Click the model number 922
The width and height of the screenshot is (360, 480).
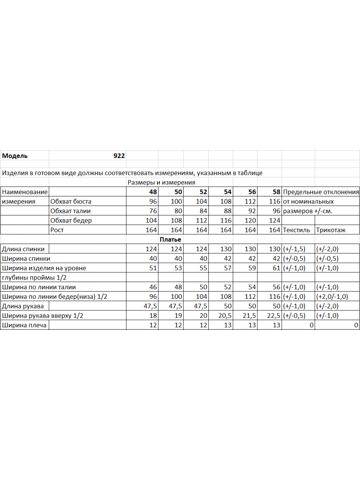(119, 156)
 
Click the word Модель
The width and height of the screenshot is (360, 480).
(15, 156)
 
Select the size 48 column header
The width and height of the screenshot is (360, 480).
(153, 192)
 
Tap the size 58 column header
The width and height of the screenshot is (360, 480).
(276, 192)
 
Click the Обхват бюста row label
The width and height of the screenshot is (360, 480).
(71, 201)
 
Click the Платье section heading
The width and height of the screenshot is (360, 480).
(170, 240)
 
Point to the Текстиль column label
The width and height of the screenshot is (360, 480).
(296, 230)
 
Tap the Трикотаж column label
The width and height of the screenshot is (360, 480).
(331, 230)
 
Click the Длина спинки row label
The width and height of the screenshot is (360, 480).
(23, 249)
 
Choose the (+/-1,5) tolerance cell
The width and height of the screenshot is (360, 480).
(294, 249)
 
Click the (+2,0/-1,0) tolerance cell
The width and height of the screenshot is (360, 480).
(332, 296)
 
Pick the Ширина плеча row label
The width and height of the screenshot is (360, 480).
(24, 325)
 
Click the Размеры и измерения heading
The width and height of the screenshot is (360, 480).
(161, 182)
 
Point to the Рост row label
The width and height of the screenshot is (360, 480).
(57, 230)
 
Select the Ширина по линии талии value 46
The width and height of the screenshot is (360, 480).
(153, 287)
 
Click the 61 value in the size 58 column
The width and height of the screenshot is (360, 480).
(276, 268)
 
